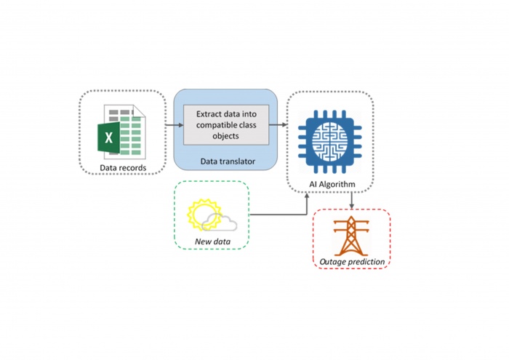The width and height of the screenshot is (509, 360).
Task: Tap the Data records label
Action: coord(122,169)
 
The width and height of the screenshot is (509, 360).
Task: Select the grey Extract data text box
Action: coord(226,124)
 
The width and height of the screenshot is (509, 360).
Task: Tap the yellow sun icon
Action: coord(200,214)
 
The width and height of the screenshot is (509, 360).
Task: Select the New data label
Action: coord(212,242)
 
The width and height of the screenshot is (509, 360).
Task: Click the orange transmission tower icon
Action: coord(352,234)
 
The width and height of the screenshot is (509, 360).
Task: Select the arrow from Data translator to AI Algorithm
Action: coord(282,126)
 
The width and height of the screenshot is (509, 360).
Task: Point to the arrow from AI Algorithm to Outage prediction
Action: coord(352,201)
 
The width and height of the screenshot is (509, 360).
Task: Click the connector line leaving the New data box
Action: coord(276,215)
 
